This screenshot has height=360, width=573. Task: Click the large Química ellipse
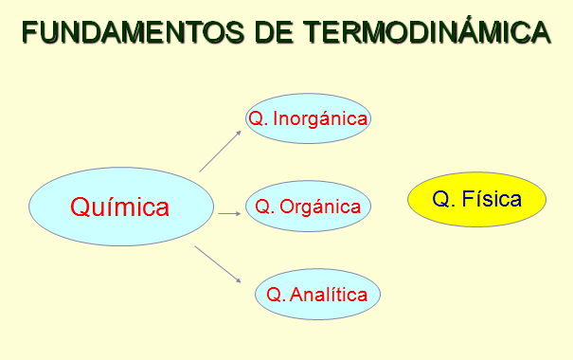121,207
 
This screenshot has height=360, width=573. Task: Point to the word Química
120,207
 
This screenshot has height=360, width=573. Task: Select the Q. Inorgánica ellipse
307,118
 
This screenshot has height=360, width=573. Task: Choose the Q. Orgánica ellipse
308,206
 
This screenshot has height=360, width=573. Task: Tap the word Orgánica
320,207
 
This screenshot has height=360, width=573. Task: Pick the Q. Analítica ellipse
317,294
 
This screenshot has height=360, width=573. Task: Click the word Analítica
329,295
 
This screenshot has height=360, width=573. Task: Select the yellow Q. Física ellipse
476,200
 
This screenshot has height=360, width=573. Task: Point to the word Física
492,200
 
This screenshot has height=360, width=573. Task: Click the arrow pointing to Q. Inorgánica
220,151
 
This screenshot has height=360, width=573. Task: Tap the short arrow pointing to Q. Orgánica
229,213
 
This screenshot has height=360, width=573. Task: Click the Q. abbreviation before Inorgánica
256,118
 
